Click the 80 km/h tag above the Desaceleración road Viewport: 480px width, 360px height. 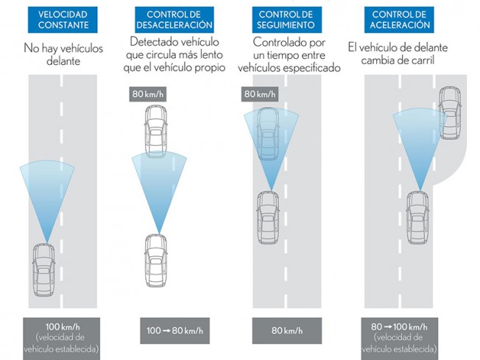coord(147,94)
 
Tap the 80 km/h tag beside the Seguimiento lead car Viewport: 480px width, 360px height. coord(258,94)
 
